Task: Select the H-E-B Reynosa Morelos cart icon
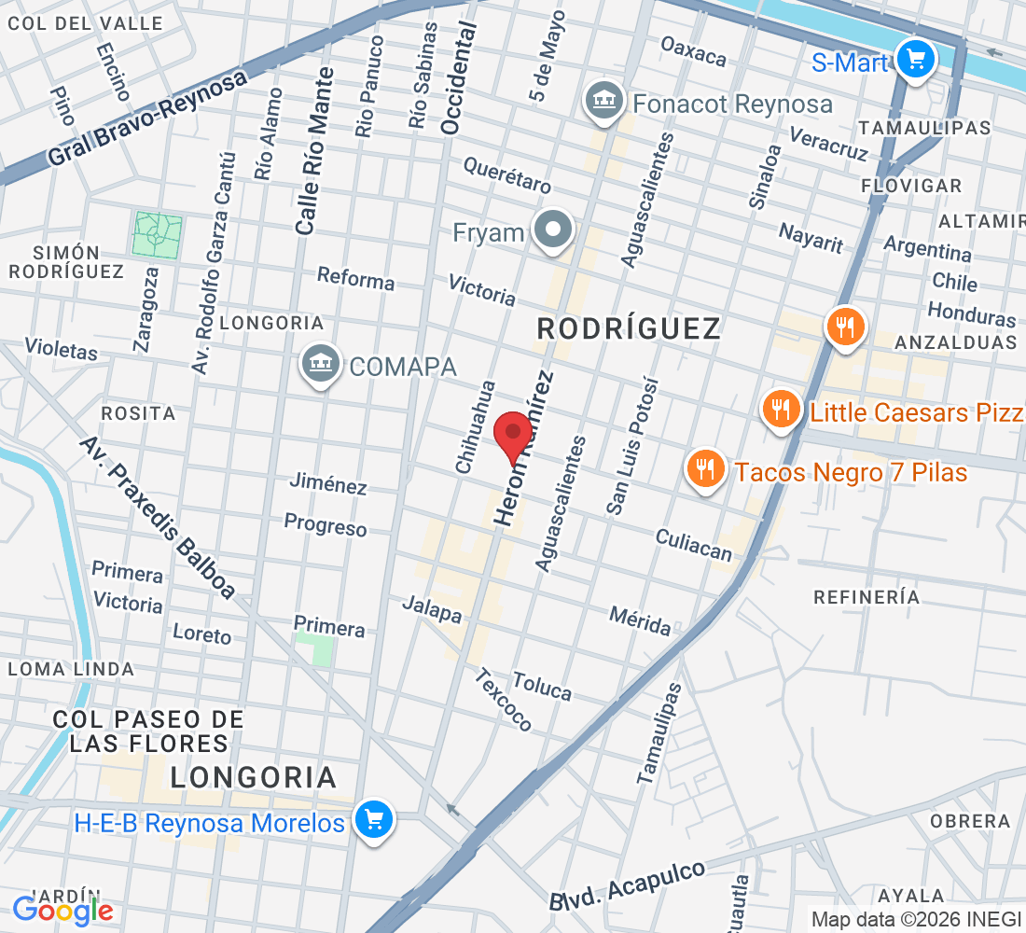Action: coord(374,820)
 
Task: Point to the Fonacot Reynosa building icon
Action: coord(603,102)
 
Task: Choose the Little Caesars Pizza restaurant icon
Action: coord(781,411)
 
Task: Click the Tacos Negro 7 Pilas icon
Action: coord(706,470)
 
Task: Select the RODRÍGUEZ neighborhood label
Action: coord(630,328)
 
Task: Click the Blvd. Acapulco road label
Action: coord(627,885)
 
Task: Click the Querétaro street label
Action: coord(508,174)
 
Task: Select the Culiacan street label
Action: coord(694,544)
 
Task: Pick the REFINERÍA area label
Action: coord(867,597)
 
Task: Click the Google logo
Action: coord(63,910)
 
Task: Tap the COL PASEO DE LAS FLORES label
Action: coord(148,731)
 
